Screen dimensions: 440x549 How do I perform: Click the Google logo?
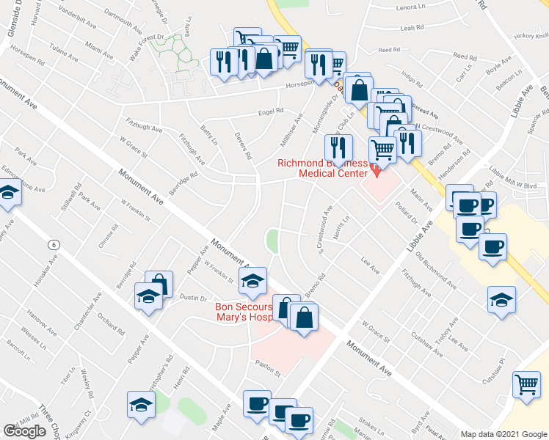[x=24, y=431]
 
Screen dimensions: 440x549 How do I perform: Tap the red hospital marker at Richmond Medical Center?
[x=377, y=170]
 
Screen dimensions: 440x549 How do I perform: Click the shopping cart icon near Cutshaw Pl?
[x=526, y=384]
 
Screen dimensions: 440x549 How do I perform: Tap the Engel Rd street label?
[x=270, y=112]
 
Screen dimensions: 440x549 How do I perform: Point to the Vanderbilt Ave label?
[x=78, y=19]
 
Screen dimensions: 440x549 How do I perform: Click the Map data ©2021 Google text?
[x=503, y=434]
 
